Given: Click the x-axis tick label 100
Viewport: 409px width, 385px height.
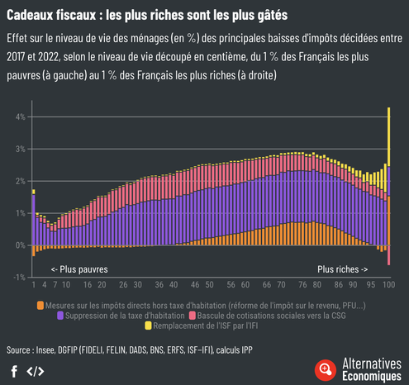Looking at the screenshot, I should (x=388, y=285).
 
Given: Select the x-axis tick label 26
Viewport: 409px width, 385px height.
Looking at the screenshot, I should (x=124, y=285).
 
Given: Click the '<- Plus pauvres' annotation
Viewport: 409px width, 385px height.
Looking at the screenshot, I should (x=78, y=269).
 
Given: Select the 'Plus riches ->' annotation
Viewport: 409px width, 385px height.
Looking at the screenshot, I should (x=343, y=269).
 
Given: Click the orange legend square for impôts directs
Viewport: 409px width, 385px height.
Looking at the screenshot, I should (x=41, y=305).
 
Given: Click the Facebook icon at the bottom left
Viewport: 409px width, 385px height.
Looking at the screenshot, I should (x=14, y=370).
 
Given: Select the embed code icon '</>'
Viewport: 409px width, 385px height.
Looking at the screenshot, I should (x=36, y=370).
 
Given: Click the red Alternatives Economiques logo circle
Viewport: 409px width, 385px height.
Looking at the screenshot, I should (x=326, y=369).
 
